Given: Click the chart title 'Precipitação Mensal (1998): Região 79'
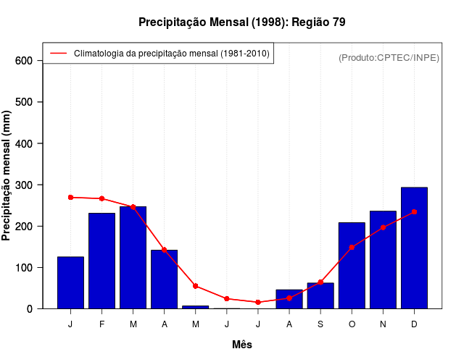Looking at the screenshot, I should pyautogui.click(x=242, y=22).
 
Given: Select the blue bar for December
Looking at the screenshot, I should pyautogui.click(x=414, y=248).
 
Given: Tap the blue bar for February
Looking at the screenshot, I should pyautogui.click(x=101, y=261).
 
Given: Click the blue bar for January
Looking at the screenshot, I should pyautogui.click(x=70, y=282).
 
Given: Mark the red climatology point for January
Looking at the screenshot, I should pyautogui.click(x=70, y=197).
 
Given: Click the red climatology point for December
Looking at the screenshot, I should pyautogui.click(x=414, y=211).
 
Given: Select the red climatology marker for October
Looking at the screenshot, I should pyautogui.click(x=352, y=247).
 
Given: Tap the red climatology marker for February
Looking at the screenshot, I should pyautogui.click(x=101, y=198).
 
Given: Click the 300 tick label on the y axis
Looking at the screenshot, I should pyautogui.click(x=25, y=185).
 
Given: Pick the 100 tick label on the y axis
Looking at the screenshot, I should pyautogui.click(x=25, y=268).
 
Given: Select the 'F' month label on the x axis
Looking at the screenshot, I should pyautogui.click(x=101, y=324).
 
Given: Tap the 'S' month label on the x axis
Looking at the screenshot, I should pyautogui.click(x=320, y=324).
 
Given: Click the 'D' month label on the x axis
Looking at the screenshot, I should pyautogui.click(x=414, y=324).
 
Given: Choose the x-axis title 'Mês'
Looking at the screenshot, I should pyautogui.click(x=242, y=345).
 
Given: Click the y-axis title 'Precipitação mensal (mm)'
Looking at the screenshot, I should pyautogui.click(x=7, y=175).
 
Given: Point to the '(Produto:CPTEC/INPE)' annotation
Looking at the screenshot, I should pyautogui.click(x=389, y=58).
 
